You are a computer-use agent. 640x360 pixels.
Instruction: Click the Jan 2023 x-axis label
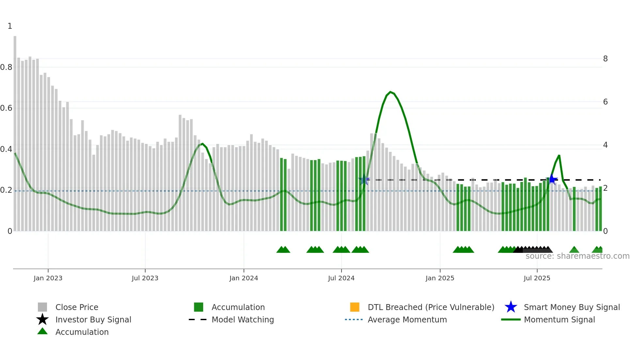pos(48,278)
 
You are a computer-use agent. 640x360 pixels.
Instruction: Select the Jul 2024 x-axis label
pos(341,278)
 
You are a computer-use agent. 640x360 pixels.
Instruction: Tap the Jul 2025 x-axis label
pos(537,278)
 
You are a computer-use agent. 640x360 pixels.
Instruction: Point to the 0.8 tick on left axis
pos(6,67)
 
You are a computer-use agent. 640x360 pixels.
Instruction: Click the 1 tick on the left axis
pos(10,26)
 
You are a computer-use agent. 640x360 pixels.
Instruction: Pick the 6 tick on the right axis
pos(605,102)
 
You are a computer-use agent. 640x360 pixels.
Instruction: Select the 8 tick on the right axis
pos(605,59)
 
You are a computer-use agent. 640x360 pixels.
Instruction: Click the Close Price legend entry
pos(77,307)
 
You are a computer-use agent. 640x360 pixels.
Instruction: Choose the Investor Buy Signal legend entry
pos(93,319)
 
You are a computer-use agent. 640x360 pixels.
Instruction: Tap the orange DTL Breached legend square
pos(355,307)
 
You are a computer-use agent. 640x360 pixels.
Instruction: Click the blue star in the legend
pos(511,307)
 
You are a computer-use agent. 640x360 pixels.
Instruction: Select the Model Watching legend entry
pos(243,319)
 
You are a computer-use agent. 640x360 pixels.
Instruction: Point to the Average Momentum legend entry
pos(407,319)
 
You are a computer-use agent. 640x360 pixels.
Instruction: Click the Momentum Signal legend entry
pos(559,319)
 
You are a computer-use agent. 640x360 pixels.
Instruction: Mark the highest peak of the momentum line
pos(391,92)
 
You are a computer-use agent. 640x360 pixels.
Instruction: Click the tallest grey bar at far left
pos(15,131)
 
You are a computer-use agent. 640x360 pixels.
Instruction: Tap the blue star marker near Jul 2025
pos(552,179)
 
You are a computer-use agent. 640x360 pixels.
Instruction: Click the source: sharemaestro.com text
pos(577,256)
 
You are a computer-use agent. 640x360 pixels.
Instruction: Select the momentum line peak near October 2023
pos(202,144)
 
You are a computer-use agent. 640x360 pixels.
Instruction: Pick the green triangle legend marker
pos(42,331)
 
